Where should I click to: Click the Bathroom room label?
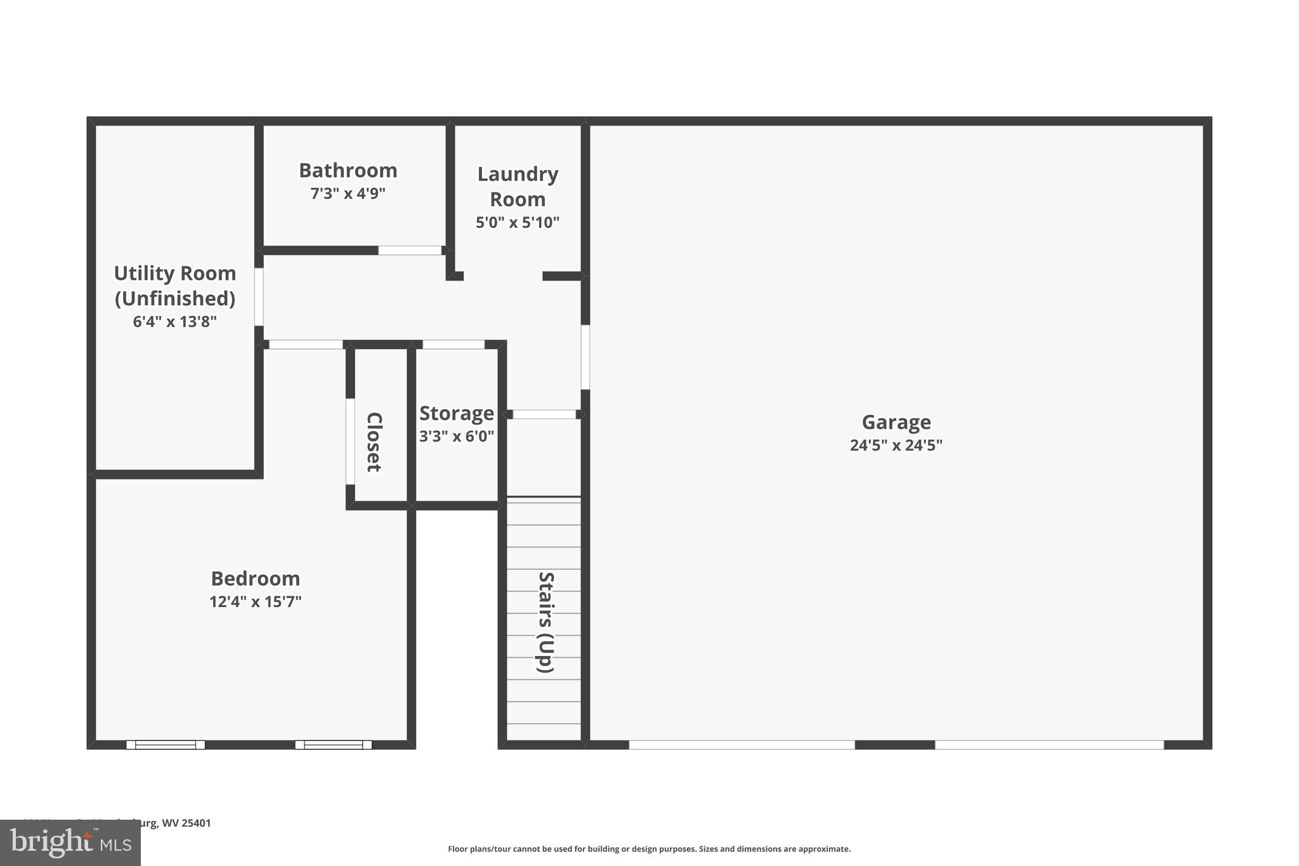tap(348, 170)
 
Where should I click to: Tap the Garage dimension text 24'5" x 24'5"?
tap(896, 445)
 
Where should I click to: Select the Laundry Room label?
tap(518, 186)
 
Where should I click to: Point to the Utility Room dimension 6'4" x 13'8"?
tap(174, 322)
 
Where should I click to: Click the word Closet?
tap(374, 442)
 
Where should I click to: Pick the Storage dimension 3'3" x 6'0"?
tap(456, 436)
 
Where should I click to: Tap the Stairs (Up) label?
tap(545, 622)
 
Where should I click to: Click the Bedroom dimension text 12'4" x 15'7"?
tap(255, 601)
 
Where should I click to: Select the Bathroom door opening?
tap(410, 251)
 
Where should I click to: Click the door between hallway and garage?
tap(585, 357)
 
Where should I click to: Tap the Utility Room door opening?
tap(259, 297)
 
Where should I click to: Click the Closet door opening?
tap(349, 442)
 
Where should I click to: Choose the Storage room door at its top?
tap(454, 344)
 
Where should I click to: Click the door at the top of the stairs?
tap(544, 414)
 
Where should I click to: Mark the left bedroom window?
tap(166, 745)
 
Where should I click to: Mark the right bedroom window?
tap(334, 745)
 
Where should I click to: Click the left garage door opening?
tap(741, 745)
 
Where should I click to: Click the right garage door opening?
tap(1049, 745)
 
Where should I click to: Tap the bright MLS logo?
tap(70, 843)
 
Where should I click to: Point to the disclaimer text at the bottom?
tap(649, 849)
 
